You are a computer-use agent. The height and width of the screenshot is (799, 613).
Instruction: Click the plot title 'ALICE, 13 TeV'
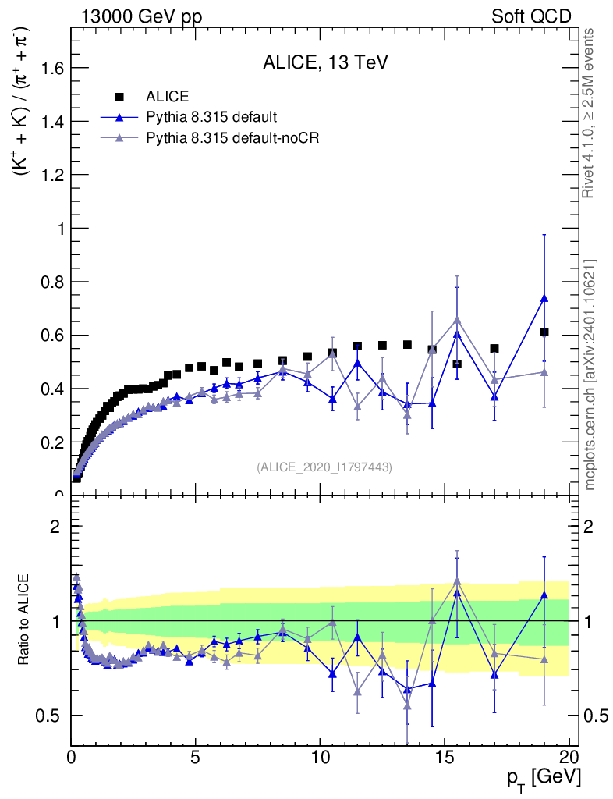325,63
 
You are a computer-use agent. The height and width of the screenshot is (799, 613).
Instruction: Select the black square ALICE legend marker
119,97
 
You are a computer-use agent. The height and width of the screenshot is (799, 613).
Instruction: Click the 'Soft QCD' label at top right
531,16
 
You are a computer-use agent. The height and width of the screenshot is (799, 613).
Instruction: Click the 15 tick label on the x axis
445,758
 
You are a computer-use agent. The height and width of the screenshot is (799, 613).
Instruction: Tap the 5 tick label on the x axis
196,758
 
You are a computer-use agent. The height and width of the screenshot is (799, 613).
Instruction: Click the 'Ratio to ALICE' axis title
26,620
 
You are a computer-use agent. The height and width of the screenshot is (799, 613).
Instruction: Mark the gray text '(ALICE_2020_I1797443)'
324,467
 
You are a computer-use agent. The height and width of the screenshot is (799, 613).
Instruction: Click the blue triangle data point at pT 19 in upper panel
544,298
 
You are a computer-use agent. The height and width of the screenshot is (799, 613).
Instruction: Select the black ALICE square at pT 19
544,332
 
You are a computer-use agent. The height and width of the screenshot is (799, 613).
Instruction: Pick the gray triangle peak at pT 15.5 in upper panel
457,320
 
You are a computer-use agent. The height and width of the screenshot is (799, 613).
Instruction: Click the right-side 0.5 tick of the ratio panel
593,716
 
